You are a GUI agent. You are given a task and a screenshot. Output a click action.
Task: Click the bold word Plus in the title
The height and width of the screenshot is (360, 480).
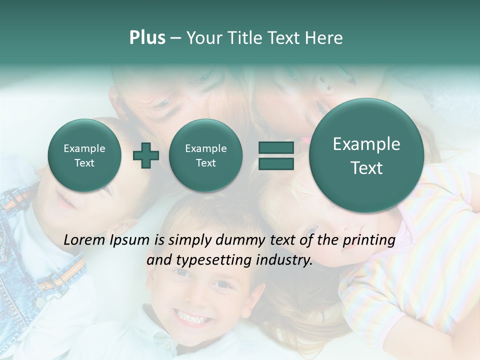point(147,38)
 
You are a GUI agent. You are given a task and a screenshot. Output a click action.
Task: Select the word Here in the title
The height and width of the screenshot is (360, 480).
point(325,38)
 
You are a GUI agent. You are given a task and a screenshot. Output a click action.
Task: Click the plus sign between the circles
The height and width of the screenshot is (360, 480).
point(146,155)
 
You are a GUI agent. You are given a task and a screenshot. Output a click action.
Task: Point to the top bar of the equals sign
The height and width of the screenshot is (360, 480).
point(275,147)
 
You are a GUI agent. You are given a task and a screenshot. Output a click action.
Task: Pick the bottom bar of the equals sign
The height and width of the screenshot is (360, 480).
point(275,164)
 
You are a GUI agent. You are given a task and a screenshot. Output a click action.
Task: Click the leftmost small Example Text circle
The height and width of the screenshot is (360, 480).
point(84,155)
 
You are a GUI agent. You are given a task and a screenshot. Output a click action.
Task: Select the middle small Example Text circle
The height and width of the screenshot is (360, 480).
point(206,155)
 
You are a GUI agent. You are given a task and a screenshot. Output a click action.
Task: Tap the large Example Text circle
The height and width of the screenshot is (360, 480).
point(366,155)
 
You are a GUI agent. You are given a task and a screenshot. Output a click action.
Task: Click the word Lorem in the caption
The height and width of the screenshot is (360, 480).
point(84,240)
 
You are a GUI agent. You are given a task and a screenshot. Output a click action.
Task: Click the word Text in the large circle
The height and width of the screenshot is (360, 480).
point(366,168)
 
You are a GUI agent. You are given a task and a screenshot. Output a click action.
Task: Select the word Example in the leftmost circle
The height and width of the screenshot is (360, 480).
point(84,148)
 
